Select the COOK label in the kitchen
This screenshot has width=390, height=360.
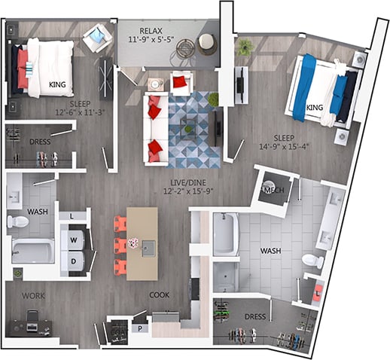tap(158, 294)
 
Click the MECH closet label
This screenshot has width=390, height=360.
tap(274, 191)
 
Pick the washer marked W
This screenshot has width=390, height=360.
tap(74, 240)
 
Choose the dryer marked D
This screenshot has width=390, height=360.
tap(74, 261)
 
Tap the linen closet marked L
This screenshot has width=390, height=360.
tap(72, 217)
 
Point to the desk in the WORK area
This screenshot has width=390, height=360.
tap(29, 328)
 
